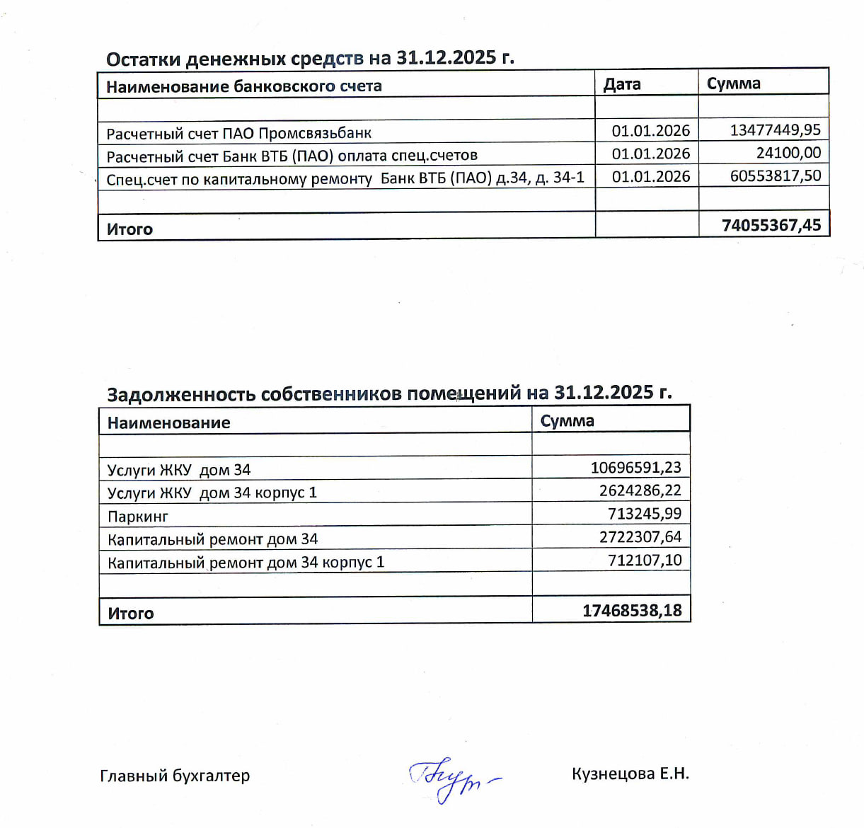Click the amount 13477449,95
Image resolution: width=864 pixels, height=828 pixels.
coord(775,130)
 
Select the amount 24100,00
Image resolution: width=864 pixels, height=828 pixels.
coord(788,153)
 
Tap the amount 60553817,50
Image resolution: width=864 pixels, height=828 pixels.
coord(775,176)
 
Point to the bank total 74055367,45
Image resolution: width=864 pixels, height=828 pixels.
coord(771,226)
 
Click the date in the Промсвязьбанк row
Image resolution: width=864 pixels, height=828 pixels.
coord(650,131)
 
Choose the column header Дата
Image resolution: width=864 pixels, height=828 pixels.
coord(622,84)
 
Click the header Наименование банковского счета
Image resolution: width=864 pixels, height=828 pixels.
coord(244,86)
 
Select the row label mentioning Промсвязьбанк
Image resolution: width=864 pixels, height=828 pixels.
coord(238,133)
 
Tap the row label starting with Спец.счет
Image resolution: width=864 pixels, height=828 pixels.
coord(345,178)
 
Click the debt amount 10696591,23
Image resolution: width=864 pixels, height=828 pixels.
coord(635,468)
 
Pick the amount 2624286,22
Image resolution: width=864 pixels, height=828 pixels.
coord(640,490)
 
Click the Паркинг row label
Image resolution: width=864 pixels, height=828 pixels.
coord(138,517)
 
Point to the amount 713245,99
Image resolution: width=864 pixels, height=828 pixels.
coord(644,514)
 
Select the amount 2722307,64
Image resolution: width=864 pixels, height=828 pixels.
coord(640,537)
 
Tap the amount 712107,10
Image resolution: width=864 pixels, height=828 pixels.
coord(644,560)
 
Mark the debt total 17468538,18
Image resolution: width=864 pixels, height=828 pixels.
coord(631,611)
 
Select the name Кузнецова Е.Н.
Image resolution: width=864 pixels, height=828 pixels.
coord(630,774)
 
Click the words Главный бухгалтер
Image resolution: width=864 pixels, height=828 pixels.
coord(175,776)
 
